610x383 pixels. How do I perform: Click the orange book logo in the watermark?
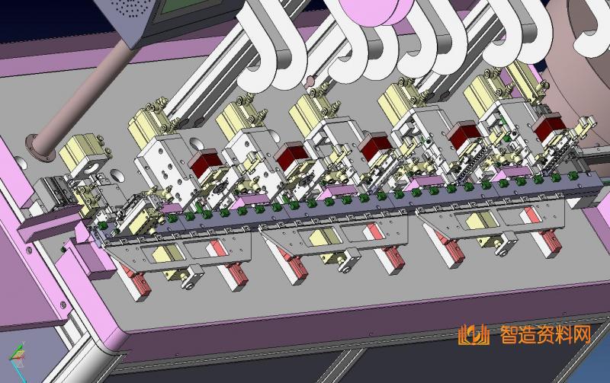[474, 335]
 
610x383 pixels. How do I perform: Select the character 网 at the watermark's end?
[580, 335]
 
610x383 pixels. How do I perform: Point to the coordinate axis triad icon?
[18, 356]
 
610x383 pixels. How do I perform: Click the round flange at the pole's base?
[40, 148]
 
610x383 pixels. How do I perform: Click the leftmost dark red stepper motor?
[205, 163]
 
